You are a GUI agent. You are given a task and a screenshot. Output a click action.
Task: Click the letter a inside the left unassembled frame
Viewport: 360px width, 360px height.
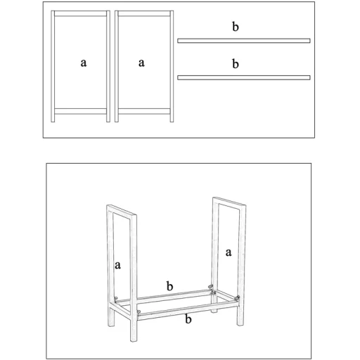[x=84, y=63]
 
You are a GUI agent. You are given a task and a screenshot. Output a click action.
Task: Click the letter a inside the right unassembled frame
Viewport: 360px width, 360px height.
[x=141, y=63]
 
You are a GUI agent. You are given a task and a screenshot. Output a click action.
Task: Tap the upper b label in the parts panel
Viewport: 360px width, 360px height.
[x=236, y=27]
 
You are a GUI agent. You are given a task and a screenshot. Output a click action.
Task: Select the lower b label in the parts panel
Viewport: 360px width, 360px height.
[x=236, y=63]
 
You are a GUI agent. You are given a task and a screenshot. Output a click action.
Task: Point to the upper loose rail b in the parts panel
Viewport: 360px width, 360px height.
[x=244, y=41]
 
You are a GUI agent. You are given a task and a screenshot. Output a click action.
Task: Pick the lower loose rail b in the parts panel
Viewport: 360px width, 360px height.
[x=244, y=77]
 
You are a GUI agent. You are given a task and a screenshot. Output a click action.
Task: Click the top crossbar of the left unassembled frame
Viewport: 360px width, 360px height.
[x=80, y=13]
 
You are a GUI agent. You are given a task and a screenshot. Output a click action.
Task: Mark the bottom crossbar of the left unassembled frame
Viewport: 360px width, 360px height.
[x=80, y=111]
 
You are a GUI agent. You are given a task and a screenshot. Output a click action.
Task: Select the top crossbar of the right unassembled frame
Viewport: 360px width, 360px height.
[x=144, y=13]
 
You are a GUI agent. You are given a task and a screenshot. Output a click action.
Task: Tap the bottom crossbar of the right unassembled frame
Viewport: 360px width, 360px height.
[x=144, y=111]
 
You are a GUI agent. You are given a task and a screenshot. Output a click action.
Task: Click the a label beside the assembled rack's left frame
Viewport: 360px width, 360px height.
[x=117, y=265]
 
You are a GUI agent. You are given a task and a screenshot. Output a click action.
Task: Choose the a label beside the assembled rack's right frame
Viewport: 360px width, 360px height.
[x=229, y=252]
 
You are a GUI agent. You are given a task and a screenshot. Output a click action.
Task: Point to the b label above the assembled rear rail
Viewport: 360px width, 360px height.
[x=169, y=286]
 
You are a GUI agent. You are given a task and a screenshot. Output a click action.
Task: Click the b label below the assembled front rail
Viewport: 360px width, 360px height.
[x=188, y=319]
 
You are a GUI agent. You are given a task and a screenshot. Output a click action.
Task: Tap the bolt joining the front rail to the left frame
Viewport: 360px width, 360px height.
[x=139, y=312]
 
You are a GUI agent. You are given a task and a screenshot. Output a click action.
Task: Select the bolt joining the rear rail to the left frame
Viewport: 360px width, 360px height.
[x=116, y=298]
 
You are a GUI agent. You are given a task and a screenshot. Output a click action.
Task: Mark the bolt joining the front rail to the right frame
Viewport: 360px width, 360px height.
[x=238, y=298]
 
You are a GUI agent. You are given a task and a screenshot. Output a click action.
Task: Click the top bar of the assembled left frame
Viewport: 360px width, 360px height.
[x=122, y=210]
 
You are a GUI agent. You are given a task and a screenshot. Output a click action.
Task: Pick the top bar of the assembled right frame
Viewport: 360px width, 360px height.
[x=229, y=202]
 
